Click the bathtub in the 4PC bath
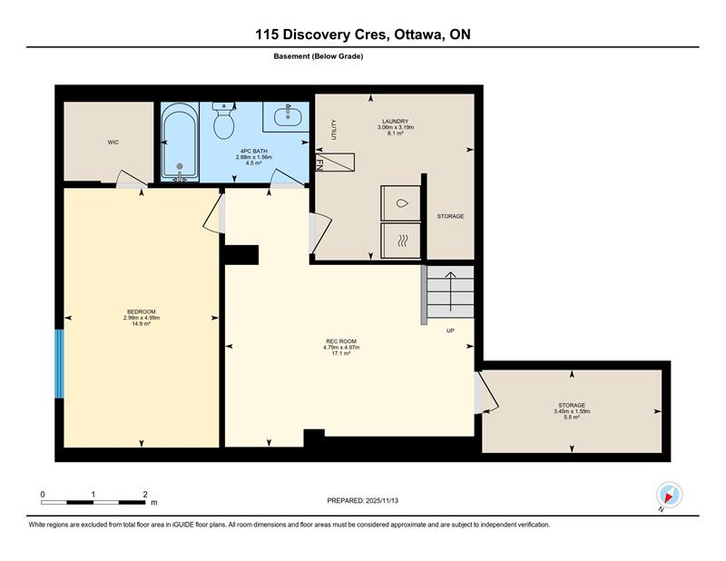point(180,143)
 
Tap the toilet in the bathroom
point(224,121)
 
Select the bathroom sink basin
point(288,116)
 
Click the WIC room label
point(113,143)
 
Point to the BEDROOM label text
point(142,311)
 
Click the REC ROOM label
point(341,341)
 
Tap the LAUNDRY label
point(396,122)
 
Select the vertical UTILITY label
point(334,130)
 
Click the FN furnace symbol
point(335,162)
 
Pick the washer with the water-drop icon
point(400,203)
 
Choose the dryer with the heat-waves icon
point(400,241)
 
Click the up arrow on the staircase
point(450,291)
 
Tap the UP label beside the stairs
point(450,330)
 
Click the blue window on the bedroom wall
point(59,364)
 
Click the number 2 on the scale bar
point(145,495)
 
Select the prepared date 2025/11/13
point(382,501)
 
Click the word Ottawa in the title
point(419,34)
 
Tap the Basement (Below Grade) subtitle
point(319,56)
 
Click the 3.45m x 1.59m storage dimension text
point(572,411)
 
